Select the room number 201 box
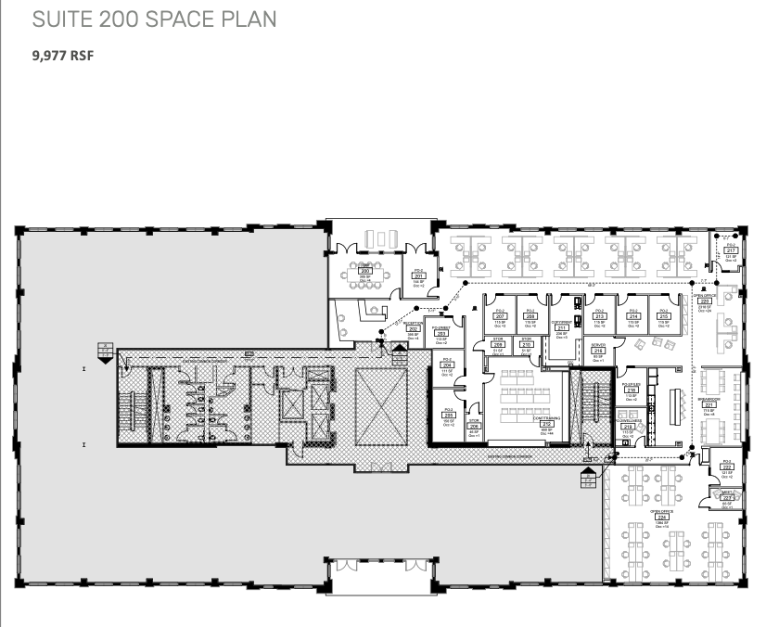coord(418,276)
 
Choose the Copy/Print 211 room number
coord(561,327)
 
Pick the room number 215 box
coord(662,316)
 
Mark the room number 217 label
coord(730,250)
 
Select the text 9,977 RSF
coord(63,55)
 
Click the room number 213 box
coord(600,316)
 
